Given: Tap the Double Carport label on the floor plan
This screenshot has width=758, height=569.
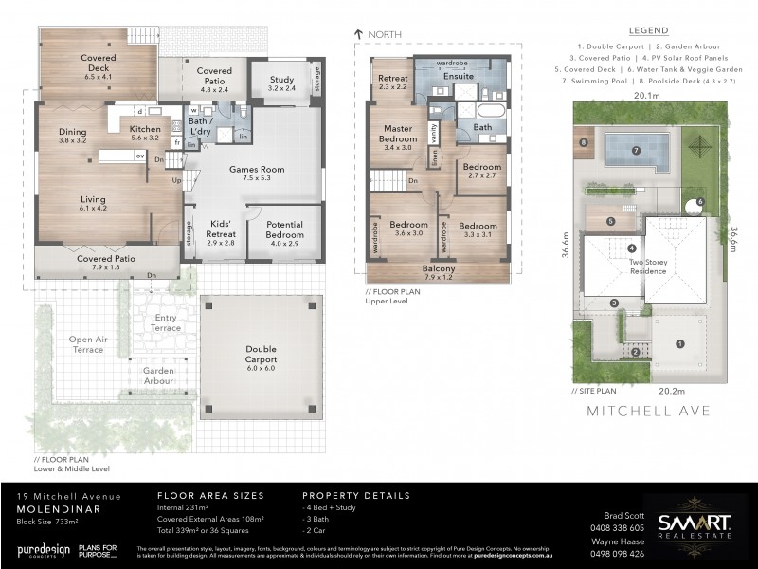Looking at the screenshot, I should pyautogui.click(x=261, y=354).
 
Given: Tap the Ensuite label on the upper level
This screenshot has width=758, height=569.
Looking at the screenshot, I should pyautogui.click(x=459, y=75).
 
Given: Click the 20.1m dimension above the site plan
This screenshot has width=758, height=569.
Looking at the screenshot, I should pyautogui.click(x=647, y=96).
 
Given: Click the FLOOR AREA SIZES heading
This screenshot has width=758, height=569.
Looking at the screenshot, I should pyautogui.click(x=209, y=495).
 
